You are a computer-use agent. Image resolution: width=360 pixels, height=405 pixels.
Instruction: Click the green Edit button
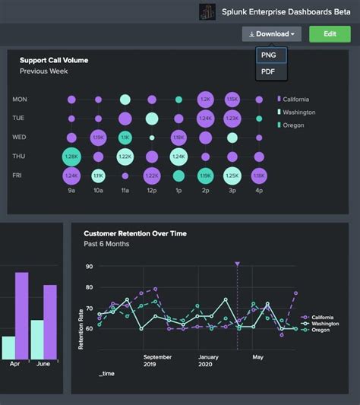click(x=330, y=34)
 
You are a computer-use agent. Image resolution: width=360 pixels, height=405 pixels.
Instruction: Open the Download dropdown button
click(x=271, y=34)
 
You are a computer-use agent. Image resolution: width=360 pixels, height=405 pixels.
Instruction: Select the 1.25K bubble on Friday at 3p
click(x=232, y=176)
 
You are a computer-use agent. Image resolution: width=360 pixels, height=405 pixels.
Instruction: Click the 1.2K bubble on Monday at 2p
click(x=205, y=100)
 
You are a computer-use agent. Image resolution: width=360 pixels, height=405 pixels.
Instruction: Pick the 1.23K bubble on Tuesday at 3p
click(x=232, y=119)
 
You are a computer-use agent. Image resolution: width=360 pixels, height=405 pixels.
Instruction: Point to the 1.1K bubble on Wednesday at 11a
click(x=125, y=138)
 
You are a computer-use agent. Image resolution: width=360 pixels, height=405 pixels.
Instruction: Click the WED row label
click(x=21, y=138)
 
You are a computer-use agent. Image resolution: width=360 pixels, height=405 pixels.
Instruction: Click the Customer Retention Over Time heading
click(x=135, y=234)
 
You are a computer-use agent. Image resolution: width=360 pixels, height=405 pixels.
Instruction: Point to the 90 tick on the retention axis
click(x=89, y=267)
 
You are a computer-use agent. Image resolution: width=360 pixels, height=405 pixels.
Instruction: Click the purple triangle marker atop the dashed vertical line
click(x=238, y=264)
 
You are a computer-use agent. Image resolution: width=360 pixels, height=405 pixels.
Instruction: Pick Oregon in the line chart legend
click(x=319, y=330)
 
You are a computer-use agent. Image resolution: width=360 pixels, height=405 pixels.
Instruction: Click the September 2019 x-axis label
click(x=157, y=360)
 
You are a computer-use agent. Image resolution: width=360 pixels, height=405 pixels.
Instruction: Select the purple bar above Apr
click(x=22, y=315)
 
